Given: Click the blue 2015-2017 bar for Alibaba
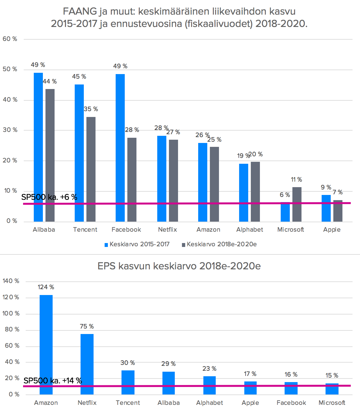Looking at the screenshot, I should pos(38,146).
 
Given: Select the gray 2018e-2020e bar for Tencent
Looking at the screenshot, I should pos(91,169).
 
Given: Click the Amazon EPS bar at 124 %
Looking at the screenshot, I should pos(46,344).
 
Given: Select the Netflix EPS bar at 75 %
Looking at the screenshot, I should pos(87,364).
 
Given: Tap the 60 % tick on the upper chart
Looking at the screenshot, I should pos(10,39).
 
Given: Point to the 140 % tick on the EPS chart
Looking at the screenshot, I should pos(11,281).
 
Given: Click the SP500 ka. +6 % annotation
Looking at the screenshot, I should pos(49,197).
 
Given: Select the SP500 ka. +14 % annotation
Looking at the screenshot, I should pos(53,381).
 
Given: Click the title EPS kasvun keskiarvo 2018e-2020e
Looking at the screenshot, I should pos(179,266).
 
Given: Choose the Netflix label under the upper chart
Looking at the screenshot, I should pos(167,230).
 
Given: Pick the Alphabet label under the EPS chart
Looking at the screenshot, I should pos(210,403).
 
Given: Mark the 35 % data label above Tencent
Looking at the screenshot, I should pos(91,109).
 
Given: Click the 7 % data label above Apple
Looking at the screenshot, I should pos(338,192).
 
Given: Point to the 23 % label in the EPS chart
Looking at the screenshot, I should pos(209,369).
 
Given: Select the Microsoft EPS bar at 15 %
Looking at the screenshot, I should pos(332,389).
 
